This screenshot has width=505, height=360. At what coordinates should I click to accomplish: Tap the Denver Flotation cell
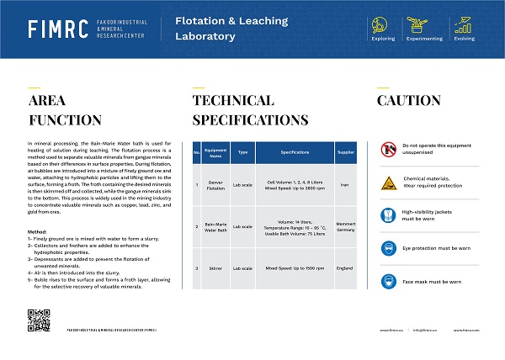pos(215,184)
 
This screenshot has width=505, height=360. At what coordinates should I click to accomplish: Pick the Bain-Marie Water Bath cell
pos(215,226)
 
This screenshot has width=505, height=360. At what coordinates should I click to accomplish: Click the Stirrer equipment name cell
pos(215,268)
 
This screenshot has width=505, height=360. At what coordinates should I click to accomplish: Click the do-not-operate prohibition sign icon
pos(388,149)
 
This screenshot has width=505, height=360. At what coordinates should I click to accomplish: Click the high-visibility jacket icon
pos(388,214)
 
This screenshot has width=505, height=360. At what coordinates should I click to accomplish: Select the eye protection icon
pos(388,248)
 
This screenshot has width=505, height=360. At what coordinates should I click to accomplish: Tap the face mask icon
pos(388,281)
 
